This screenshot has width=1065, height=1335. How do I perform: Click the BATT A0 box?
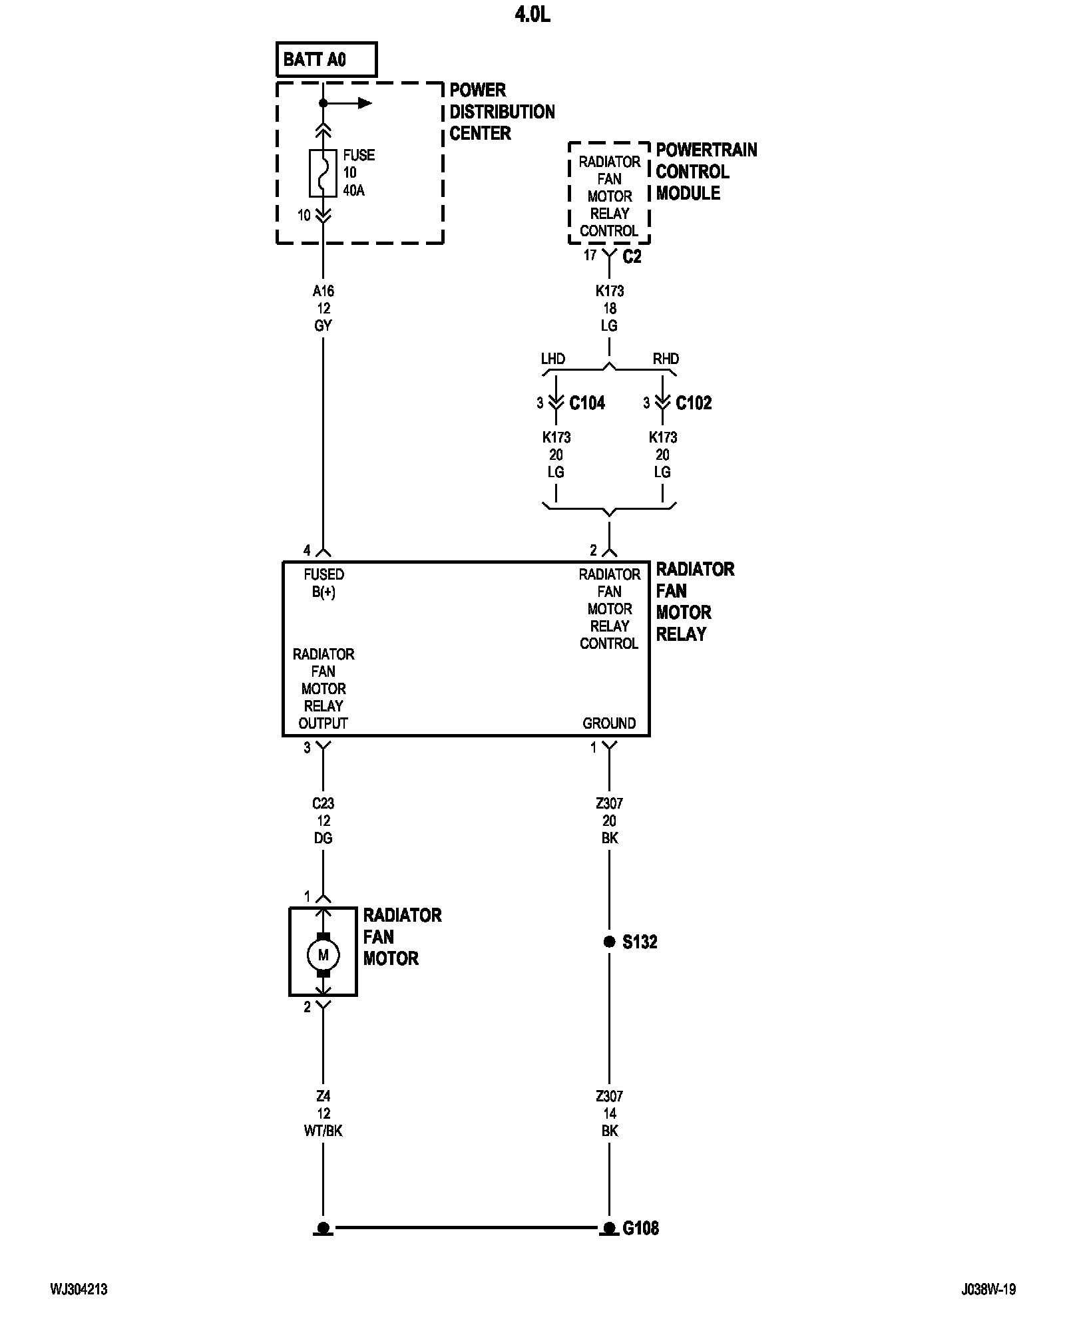pos(326,60)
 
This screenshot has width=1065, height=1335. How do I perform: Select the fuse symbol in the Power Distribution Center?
pos(323,173)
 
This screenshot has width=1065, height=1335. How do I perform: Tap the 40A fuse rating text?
pos(353,191)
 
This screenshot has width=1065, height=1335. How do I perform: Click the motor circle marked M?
pos(323,955)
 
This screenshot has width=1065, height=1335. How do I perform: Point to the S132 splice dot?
pos(609,942)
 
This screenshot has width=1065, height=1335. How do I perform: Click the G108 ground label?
pos(640,1228)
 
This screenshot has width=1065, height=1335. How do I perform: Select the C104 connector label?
pos(587,403)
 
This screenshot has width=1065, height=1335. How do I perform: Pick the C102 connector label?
pos(694,403)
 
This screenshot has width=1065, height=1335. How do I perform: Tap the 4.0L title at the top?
pos(532,15)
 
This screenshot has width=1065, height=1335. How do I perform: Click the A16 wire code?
pos(323,291)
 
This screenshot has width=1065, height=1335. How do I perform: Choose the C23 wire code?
pos(323,803)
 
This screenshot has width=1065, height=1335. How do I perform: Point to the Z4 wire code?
pos(323,1096)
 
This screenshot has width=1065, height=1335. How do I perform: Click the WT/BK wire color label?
pos(323,1131)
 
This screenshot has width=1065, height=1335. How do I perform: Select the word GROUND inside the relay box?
pos(609,723)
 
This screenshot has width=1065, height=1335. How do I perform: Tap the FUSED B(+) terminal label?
pos(323,583)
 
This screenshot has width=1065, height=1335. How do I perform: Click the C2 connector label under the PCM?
pos(632,257)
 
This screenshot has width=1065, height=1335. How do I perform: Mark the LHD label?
pos(552,359)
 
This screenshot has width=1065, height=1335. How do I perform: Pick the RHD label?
pos(666,359)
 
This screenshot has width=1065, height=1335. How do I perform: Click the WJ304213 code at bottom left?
pos(79,1308)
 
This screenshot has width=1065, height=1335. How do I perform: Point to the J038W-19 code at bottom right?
pos(988,1308)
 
